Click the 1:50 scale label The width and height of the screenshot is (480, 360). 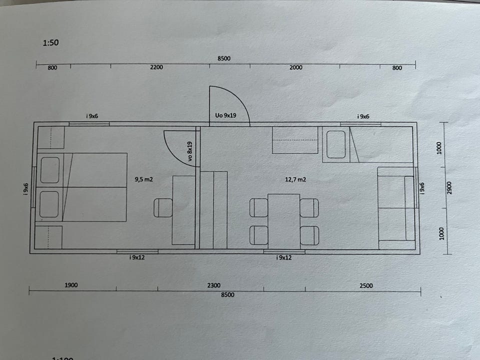[x=50, y=42]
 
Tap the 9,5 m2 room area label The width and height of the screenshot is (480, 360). [x=143, y=179]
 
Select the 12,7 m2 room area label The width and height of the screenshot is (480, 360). [x=295, y=179]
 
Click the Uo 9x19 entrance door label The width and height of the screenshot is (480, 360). [x=225, y=115]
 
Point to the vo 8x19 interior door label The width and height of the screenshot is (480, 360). [x=190, y=151]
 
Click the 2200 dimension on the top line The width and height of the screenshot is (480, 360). [x=156, y=67]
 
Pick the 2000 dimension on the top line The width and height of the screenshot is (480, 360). [x=295, y=67]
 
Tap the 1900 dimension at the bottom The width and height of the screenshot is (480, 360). [x=71, y=285]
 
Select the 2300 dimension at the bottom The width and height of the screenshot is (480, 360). [x=213, y=285]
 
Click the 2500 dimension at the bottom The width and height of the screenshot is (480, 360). [x=366, y=285]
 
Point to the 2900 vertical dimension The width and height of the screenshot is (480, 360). [x=449, y=188]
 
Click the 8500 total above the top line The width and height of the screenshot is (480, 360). [x=224, y=58]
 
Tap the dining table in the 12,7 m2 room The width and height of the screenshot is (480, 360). [x=284, y=221]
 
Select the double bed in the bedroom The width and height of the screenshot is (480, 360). [x=81, y=187]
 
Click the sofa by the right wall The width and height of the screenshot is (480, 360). [x=396, y=208]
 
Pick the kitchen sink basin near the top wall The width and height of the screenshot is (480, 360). [x=336, y=144]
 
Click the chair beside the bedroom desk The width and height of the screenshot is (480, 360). [x=163, y=208]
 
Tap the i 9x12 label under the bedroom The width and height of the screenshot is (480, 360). [x=137, y=257]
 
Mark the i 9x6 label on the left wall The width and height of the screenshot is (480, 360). [x=25, y=189]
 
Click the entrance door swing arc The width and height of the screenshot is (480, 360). [x=239, y=96]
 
